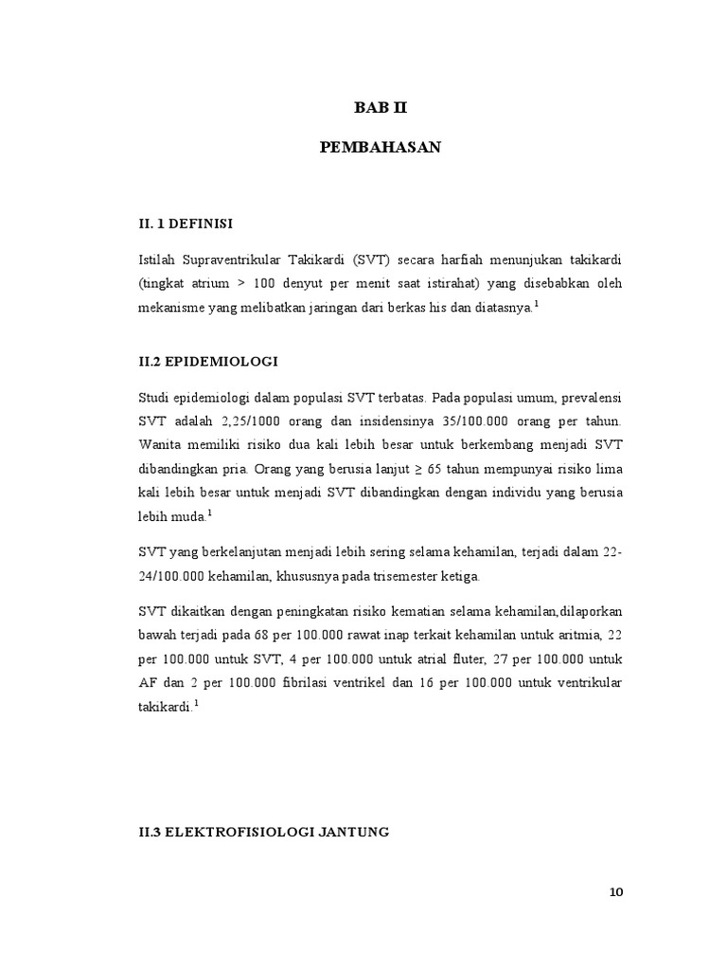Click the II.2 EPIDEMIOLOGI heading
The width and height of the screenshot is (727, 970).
click(208, 361)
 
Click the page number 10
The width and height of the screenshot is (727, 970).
click(616, 892)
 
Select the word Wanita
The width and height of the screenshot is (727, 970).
click(162, 443)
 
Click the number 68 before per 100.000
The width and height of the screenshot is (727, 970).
click(287, 633)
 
